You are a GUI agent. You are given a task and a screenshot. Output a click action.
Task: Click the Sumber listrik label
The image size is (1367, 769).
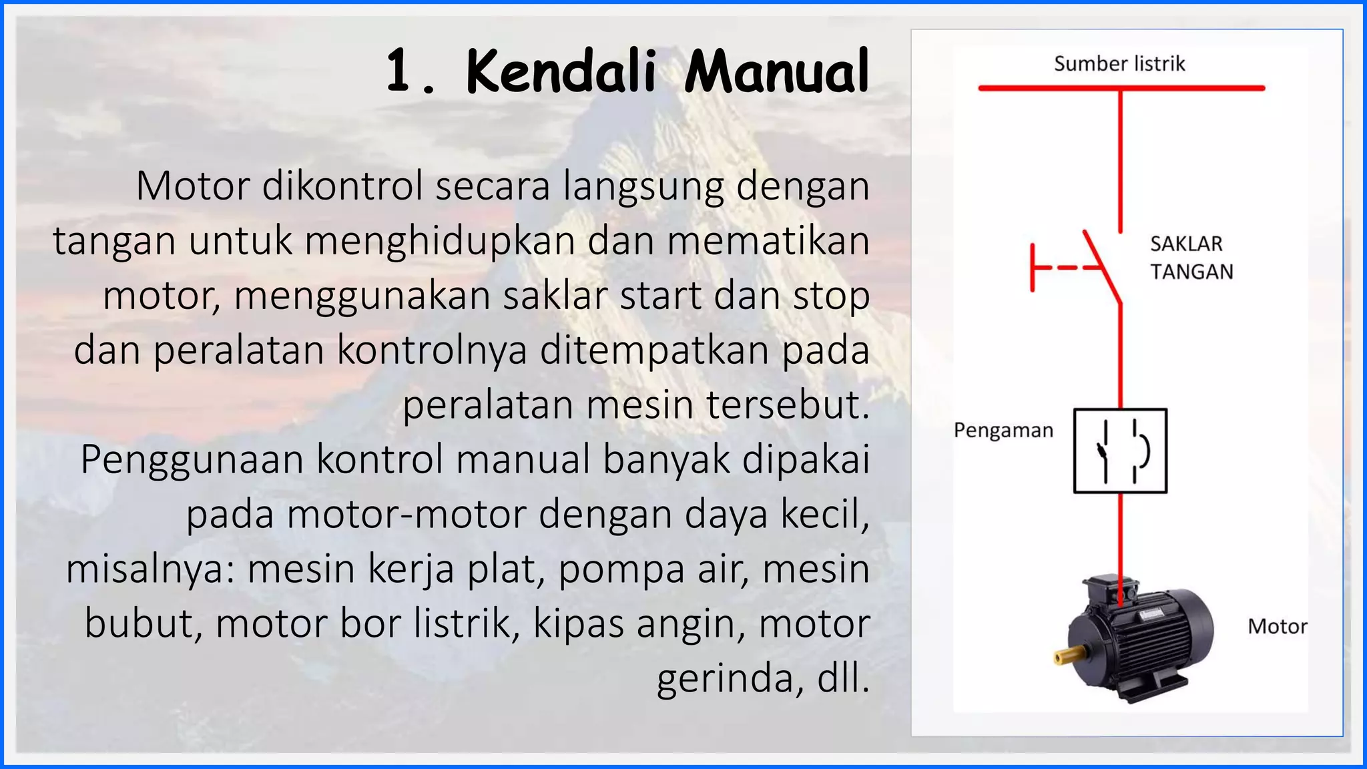[1119, 64]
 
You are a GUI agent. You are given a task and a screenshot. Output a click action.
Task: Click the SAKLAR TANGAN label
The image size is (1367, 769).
[1191, 258]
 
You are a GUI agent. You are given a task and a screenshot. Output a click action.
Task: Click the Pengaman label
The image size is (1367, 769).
[1003, 431]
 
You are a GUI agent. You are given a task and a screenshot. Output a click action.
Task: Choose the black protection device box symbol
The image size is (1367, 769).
[1120, 451]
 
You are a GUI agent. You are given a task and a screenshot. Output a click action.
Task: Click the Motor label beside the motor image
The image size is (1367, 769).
[1277, 626]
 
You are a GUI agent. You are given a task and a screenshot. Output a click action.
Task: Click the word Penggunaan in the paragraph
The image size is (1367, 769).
[192, 459]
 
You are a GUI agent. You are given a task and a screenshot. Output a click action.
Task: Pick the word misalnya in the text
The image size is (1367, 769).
[150, 569]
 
